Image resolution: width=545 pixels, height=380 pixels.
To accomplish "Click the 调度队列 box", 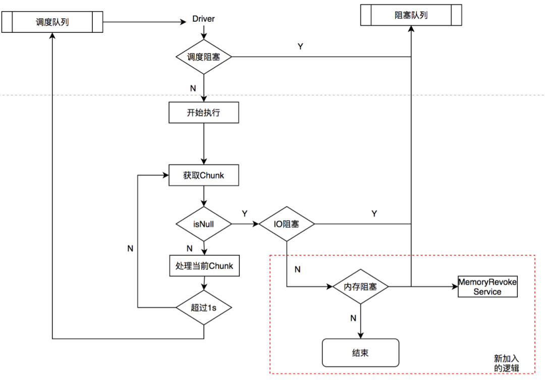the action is point(52,22).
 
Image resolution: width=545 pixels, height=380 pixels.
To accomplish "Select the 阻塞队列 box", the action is point(411,15).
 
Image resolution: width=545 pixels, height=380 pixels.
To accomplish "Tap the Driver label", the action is point(203,19).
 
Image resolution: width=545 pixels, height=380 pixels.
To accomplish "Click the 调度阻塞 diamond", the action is point(204,57).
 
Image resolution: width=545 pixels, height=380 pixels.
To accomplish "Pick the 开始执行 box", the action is point(204,113).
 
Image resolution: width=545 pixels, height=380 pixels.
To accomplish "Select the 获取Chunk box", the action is point(204,175).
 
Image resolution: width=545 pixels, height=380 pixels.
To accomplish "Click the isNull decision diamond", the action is point(204,224).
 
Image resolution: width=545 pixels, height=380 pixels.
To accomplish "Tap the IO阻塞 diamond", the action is point(287,224).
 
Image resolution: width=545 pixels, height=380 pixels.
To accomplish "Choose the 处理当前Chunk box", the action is point(204,266).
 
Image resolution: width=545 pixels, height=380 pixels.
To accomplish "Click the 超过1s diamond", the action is point(204,308).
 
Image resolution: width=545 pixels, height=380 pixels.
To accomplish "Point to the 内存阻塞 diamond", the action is point(360,287).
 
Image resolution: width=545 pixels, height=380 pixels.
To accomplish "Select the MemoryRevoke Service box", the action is point(487,287).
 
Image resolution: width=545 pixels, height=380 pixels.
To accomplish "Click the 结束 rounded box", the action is point(360,353).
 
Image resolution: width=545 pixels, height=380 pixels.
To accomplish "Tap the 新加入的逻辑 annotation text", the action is point(507,363).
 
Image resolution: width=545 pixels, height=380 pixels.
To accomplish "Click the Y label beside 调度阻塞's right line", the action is point(300,46).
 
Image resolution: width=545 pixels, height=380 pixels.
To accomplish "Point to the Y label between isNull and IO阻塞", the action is point(245,213).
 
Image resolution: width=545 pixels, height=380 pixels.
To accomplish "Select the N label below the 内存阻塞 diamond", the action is point(353,318).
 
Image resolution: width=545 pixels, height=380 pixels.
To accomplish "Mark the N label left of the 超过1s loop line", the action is point(130,249).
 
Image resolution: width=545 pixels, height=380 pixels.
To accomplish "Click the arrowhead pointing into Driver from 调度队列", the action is point(184,22).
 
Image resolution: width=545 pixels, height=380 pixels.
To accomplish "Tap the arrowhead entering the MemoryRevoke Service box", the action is point(455,287).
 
